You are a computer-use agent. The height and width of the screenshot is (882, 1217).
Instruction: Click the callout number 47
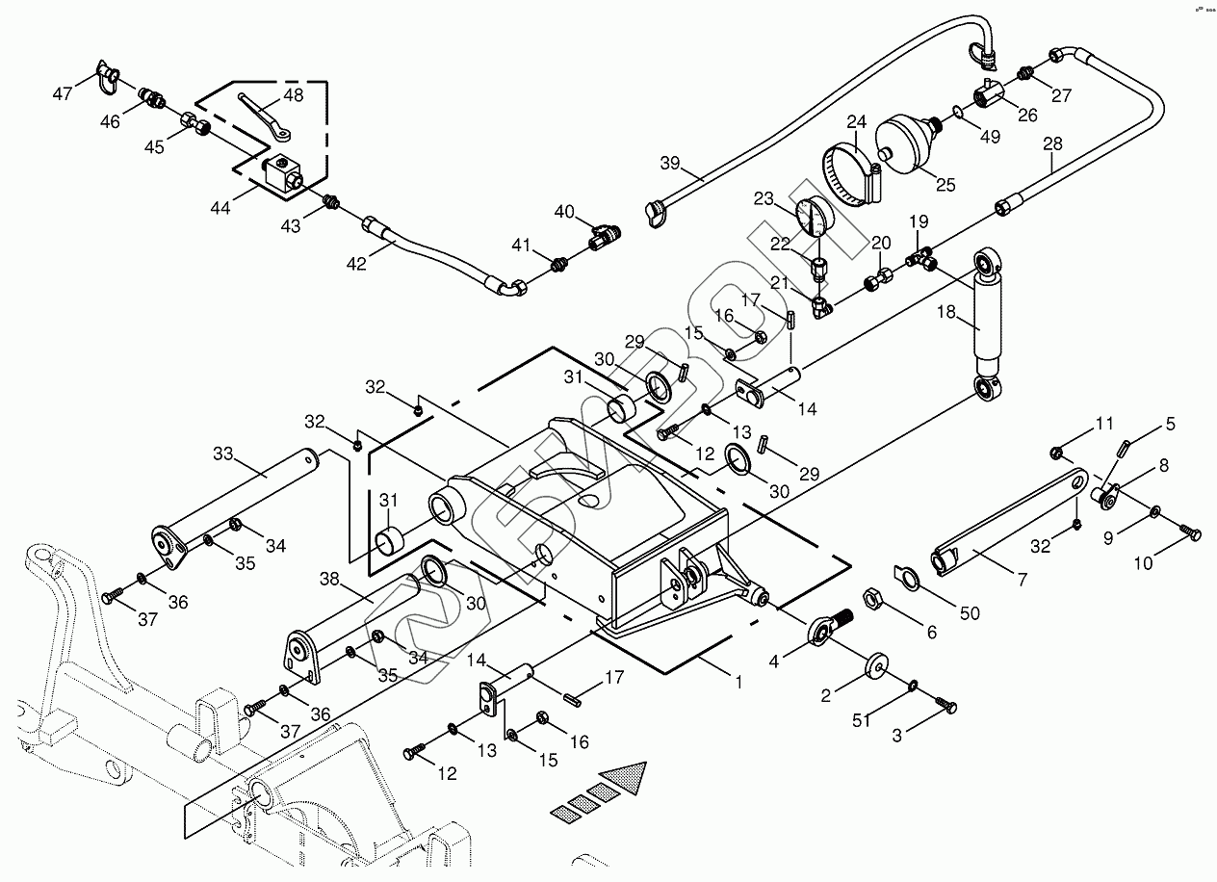(x=62, y=93)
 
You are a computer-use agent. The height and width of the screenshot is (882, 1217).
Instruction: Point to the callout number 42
(x=357, y=263)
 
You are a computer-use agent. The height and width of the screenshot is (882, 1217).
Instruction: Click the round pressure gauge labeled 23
(x=815, y=217)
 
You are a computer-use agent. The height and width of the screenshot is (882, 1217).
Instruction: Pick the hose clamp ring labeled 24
(x=852, y=173)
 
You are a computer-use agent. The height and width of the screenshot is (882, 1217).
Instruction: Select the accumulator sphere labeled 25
(x=908, y=140)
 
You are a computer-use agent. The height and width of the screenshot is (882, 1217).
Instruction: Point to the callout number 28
(x=1052, y=143)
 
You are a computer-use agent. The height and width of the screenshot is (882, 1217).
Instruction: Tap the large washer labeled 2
(x=876, y=666)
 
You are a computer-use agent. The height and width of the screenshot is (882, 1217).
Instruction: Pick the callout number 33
(x=223, y=453)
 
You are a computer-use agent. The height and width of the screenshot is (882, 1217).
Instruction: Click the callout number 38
(x=330, y=580)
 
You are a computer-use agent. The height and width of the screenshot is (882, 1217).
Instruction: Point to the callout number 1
(x=738, y=683)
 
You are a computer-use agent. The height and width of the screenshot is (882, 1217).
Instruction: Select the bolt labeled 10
(x=1189, y=531)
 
